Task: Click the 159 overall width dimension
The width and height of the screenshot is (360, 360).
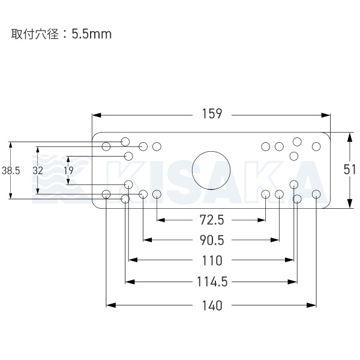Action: tap(212, 113)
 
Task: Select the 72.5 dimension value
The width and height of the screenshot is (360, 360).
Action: tap(211, 220)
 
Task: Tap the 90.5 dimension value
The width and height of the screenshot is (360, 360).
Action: tap(211, 240)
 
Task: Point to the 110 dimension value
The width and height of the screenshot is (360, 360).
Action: tap(211, 260)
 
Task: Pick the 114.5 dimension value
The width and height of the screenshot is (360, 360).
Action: tap(211, 281)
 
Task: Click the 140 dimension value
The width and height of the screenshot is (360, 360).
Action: tap(211, 305)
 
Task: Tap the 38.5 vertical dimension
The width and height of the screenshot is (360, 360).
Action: tap(11, 170)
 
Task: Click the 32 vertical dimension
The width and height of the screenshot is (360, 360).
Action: tap(38, 170)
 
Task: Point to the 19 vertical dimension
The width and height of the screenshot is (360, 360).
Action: tap(68, 170)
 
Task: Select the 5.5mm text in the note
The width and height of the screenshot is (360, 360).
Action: tap(91, 34)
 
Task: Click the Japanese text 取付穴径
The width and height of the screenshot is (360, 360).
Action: tap(34, 34)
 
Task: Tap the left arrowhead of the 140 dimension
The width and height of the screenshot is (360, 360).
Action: tap(110, 305)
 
